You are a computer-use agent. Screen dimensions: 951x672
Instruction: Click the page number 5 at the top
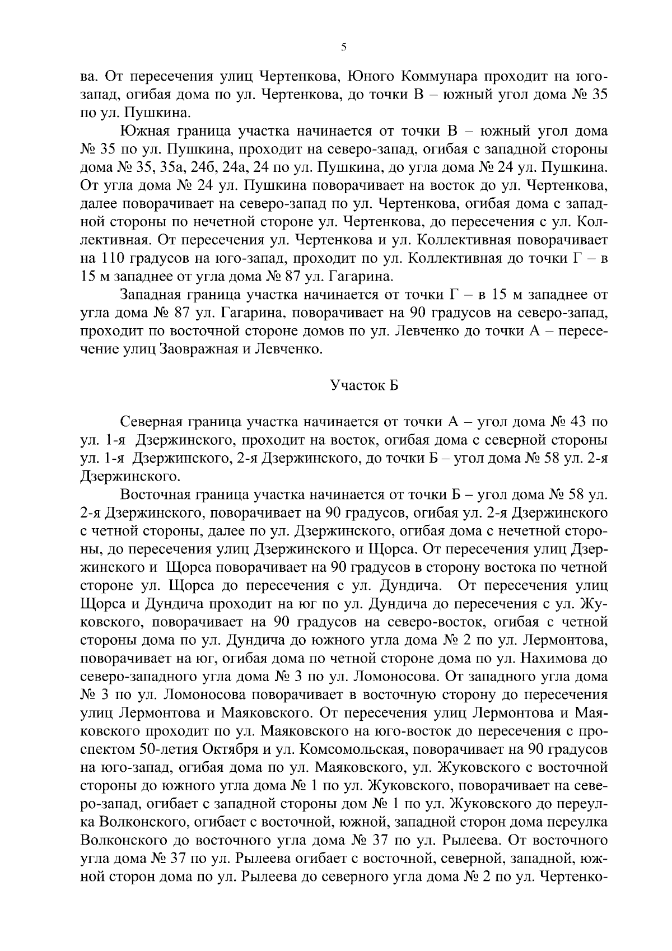[x=343, y=48]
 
